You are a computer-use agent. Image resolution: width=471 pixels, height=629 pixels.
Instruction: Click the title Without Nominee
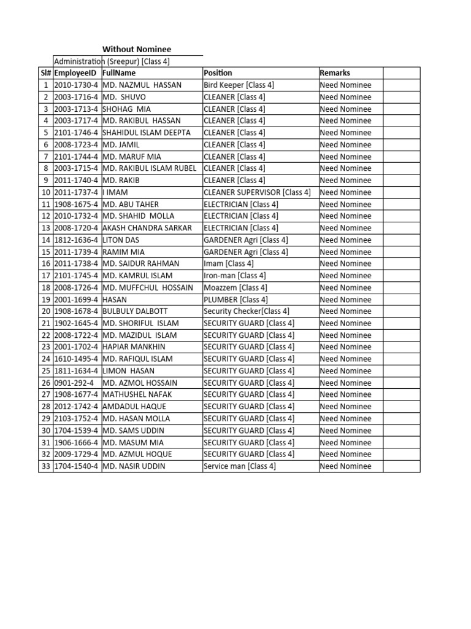136,49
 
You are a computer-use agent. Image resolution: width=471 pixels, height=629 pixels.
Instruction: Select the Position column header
218,73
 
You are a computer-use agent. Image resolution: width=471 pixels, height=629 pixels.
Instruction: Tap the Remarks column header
335,73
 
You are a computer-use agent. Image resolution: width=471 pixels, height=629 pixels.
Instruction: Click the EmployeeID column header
76,73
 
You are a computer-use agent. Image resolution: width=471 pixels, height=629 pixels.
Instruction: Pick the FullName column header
119,73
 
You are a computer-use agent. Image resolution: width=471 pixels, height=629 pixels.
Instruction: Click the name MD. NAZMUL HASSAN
142,85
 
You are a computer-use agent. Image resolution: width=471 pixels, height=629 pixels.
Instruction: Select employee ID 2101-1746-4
76,133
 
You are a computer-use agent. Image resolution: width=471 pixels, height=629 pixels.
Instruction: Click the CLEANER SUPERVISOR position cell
257,192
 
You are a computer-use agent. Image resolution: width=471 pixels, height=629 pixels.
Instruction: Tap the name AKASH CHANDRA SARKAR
147,228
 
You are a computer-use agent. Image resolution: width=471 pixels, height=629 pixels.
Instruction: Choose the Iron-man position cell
235,276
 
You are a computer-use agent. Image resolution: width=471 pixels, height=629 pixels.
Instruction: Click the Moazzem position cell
235,287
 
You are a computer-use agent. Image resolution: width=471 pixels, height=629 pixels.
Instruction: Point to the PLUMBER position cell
235,300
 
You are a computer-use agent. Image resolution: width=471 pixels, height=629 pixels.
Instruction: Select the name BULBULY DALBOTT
135,311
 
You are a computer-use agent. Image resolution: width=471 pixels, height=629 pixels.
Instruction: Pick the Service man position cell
240,466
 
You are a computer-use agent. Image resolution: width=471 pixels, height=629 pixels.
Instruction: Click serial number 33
45,466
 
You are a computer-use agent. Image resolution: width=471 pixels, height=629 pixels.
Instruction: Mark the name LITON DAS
121,240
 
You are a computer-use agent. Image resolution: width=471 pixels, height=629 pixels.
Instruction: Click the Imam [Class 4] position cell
229,264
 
